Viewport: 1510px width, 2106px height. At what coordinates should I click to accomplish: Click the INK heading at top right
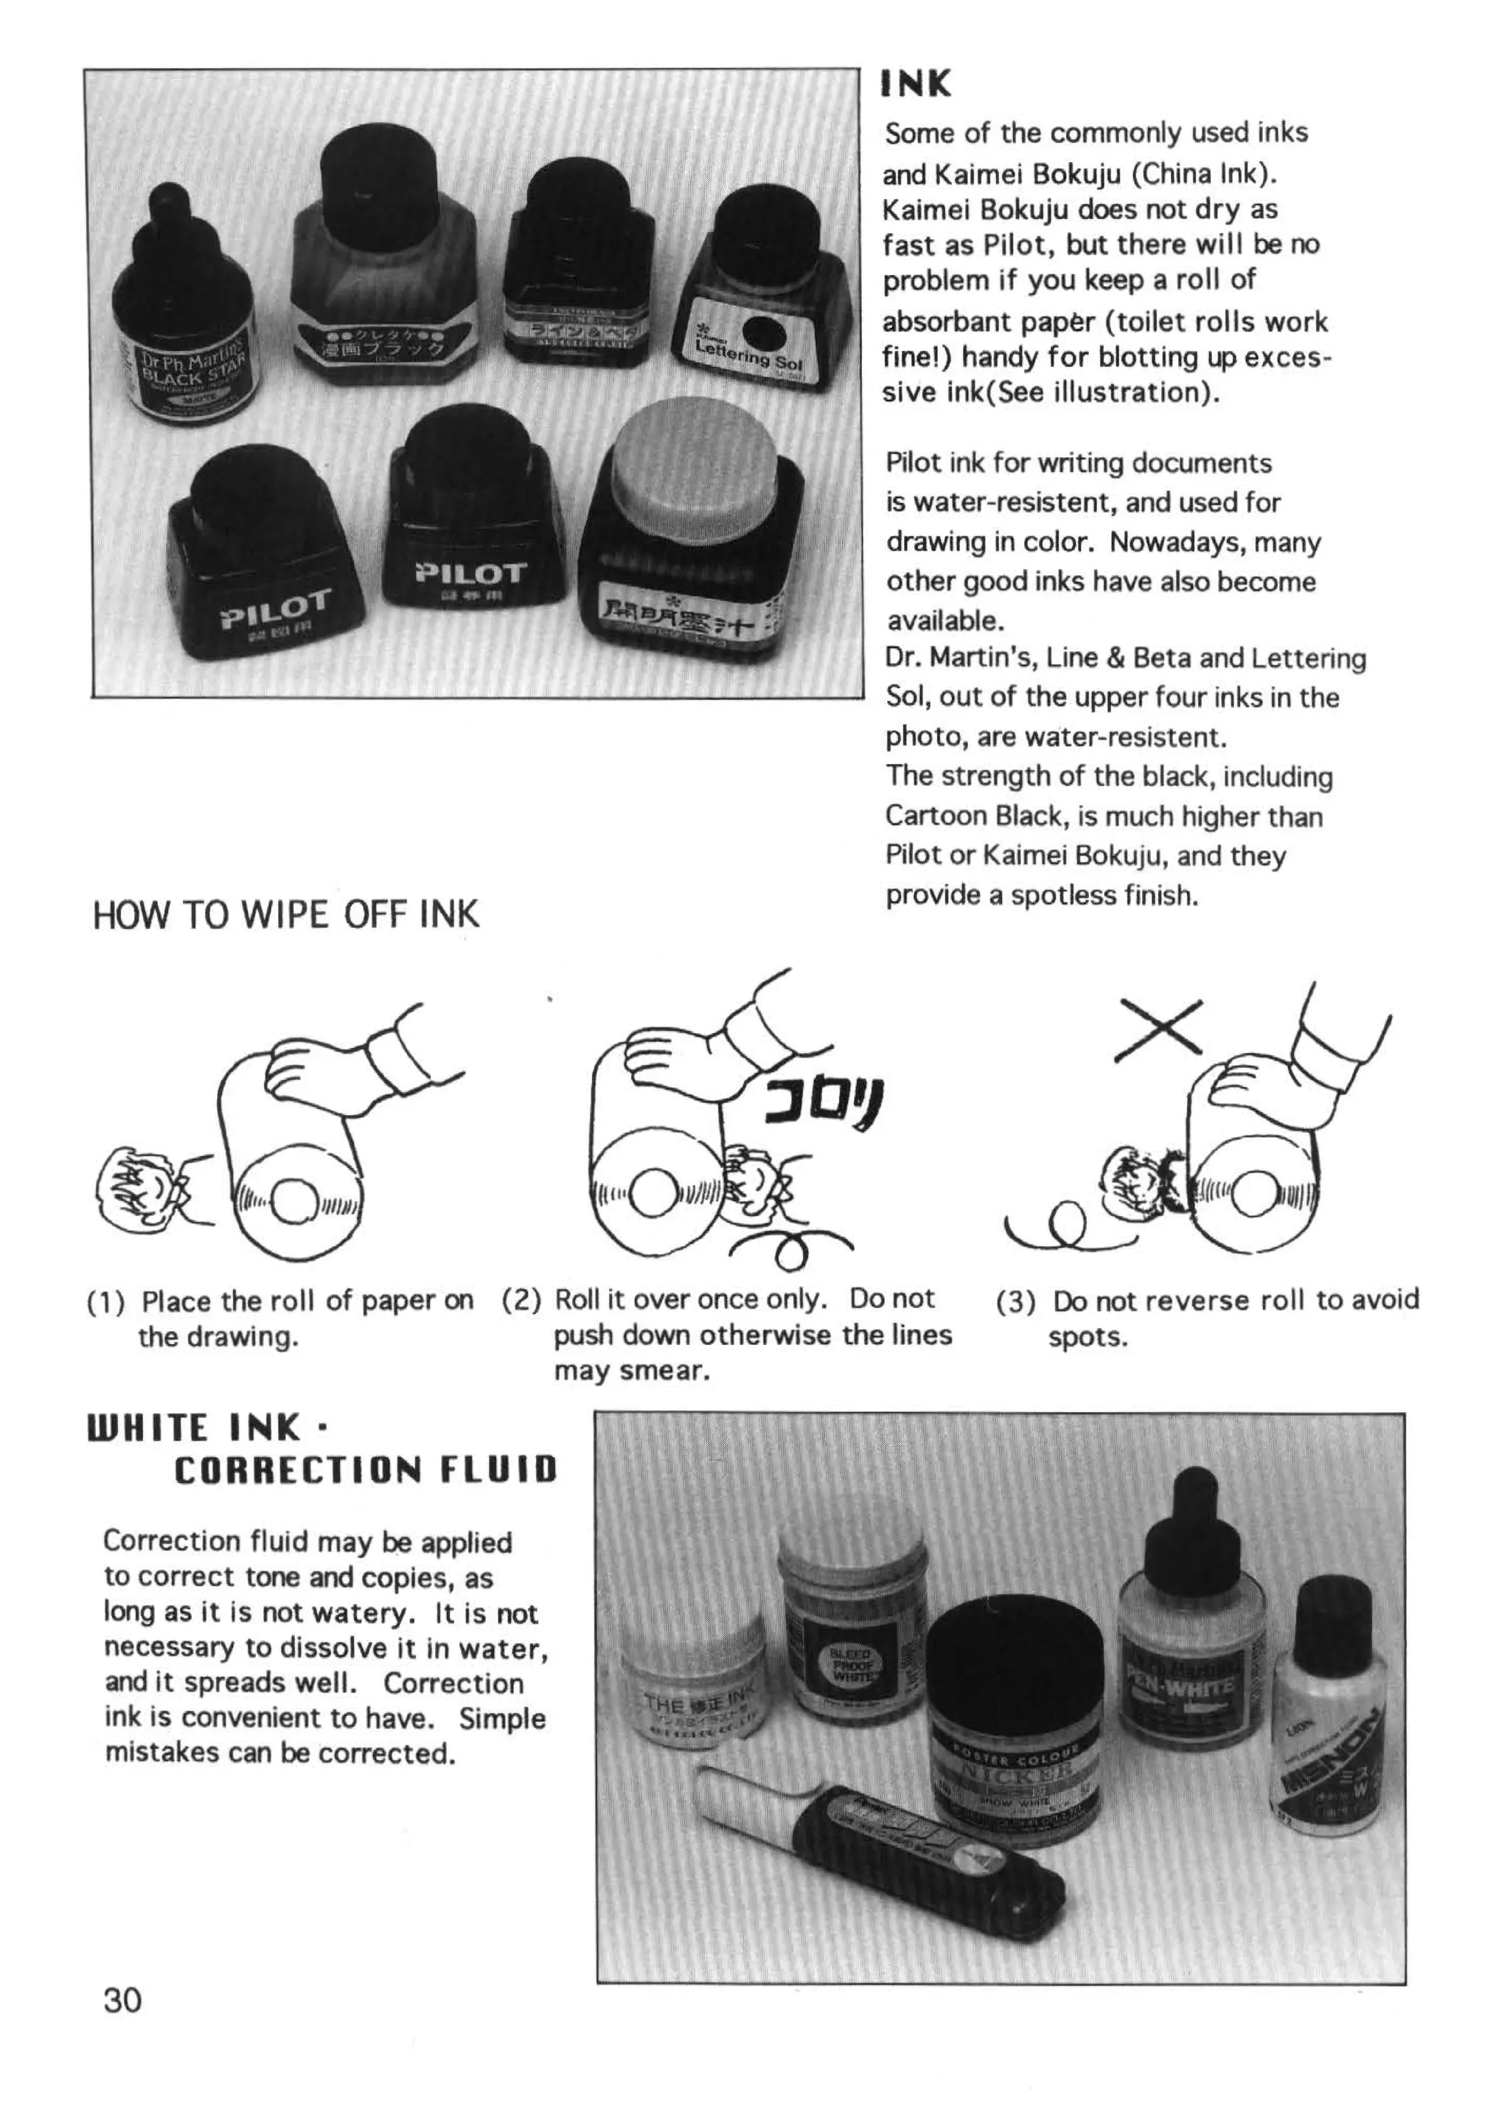916,85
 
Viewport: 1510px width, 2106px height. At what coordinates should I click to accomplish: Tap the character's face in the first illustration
139,1188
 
